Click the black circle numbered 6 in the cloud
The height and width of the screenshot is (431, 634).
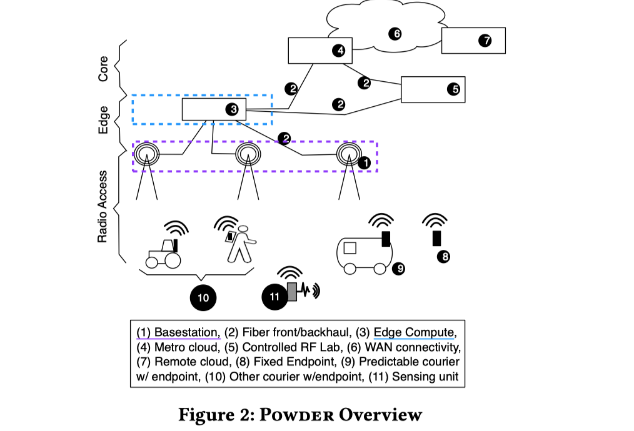[395, 34]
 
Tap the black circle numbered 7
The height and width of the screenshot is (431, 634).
[485, 41]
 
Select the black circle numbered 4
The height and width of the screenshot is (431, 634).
[340, 51]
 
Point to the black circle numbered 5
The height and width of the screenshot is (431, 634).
[454, 89]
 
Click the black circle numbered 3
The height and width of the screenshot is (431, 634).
[233, 109]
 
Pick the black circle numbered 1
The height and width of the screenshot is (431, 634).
[366, 162]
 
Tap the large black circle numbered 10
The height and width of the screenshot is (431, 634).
[203, 297]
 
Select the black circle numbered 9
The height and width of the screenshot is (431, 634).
[399, 269]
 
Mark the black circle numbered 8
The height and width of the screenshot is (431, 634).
[443, 255]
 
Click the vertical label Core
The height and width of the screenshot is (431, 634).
[104, 69]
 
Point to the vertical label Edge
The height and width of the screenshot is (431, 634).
[104, 119]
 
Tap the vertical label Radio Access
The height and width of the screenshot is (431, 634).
[104, 207]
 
